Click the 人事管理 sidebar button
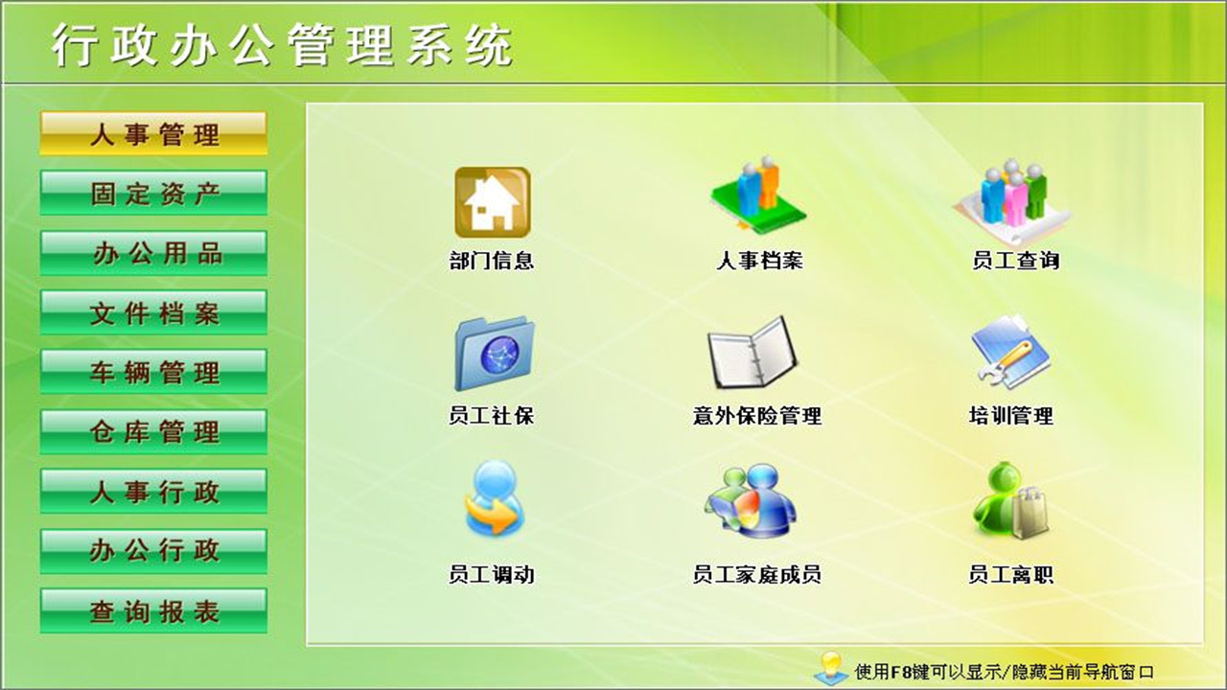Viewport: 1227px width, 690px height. (x=153, y=134)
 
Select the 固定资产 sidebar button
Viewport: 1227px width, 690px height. (x=153, y=194)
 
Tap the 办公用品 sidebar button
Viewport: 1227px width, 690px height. (x=153, y=253)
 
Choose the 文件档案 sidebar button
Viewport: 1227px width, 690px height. (x=153, y=312)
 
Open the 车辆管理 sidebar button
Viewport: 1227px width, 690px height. (x=153, y=372)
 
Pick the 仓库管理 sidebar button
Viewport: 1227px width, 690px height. (x=153, y=431)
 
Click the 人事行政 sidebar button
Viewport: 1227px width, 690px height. (x=153, y=492)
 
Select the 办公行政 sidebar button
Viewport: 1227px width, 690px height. (x=153, y=551)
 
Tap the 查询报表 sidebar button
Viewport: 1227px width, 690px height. (x=153, y=611)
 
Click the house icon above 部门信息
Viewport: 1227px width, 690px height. (x=492, y=202)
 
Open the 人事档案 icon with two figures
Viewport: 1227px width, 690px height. (x=757, y=196)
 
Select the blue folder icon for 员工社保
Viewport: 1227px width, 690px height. (x=493, y=353)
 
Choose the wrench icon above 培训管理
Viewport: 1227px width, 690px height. (x=1010, y=352)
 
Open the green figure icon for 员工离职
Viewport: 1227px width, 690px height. (x=1010, y=501)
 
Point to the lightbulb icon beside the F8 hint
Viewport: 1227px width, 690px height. (x=830, y=668)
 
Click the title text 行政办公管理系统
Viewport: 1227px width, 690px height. (x=282, y=45)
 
